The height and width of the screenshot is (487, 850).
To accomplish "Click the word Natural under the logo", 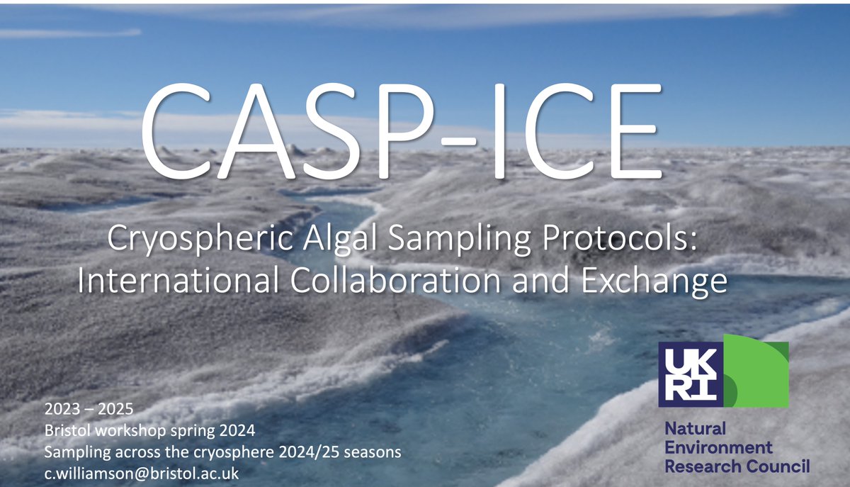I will pos(685,430).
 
